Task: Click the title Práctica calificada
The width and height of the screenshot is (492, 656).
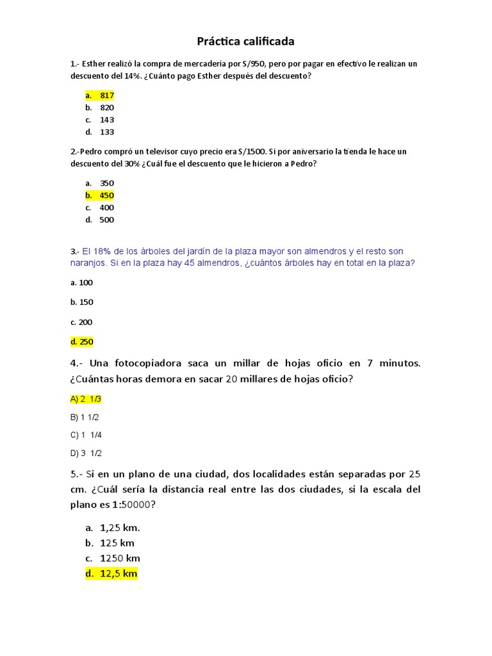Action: pyautogui.click(x=245, y=42)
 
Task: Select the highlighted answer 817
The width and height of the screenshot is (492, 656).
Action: pyautogui.click(x=106, y=95)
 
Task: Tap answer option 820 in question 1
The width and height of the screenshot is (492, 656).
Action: pyautogui.click(x=106, y=107)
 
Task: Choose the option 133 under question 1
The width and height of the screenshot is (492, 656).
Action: pyautogui.click(x=106, y=132)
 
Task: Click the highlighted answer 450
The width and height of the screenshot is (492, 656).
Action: pyautogui.click(x=106, y=195)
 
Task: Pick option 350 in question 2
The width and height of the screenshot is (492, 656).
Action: pyautogui.click(x=106, y=183)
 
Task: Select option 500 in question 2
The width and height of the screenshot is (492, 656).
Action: pyautogui.click(x=106, y=220)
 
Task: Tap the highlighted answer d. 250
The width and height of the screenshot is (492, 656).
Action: pyautogui.click(x=82, y=342)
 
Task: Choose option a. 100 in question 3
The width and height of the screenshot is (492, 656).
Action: pyautogui.click(x=82, y=282)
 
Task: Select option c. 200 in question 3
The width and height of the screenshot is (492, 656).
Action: pyautogui.click(x=82, y=322)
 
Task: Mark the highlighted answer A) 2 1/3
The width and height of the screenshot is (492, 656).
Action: pyautogui.click(x=86, y=399)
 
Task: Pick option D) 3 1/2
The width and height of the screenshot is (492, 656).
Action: pyautogui.click(x=86, y=453)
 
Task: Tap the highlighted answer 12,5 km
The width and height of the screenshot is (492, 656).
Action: pyautogui.click(x=119, y=573)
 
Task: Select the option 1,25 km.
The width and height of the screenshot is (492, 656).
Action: pyautogui.click(x=120, y=528)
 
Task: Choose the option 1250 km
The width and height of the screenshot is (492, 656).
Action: pyautogui.click(x=120, y=558)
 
